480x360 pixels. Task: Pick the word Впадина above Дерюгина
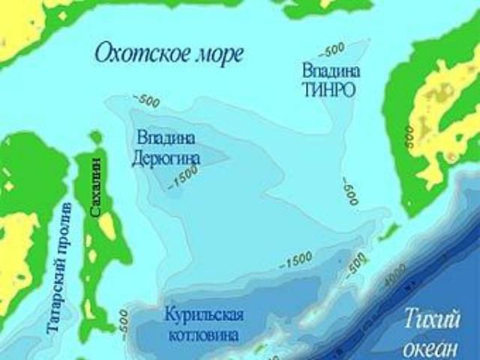pos(166,138)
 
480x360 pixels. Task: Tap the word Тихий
pos(433,320)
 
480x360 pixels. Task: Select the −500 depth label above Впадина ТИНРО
pos(331,51)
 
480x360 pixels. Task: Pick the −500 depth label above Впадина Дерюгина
pos(145,99)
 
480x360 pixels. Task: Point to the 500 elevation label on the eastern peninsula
pos(409,136)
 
